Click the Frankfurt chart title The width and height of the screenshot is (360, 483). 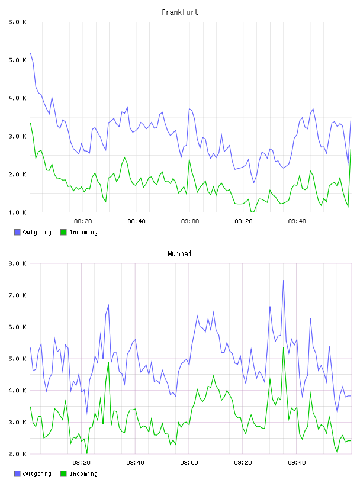[x=180, y=12]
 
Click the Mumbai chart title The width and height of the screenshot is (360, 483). [x=179, y=254]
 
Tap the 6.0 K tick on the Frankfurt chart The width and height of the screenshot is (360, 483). [x=17, y=22]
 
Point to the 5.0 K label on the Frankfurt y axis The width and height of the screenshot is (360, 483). [x=17, y=60]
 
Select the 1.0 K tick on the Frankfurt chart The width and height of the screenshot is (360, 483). [x=17, y=212]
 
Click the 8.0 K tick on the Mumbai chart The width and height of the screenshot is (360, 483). [x=17, y=263]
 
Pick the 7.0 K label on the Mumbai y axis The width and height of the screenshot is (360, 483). [x=17, y=295]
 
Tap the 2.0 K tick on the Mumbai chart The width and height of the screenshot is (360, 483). [x=17, y=454]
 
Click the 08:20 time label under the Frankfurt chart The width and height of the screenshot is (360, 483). [x=83, y=221]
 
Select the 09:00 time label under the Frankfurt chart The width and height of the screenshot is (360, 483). [x=190, y=221]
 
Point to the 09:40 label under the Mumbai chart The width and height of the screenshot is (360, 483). [x=297, y=463]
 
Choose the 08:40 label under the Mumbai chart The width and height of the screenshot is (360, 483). [x=135, y=463]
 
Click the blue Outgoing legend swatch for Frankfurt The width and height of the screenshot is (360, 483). [x=17, y=232]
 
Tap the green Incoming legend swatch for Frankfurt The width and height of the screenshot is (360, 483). [x=63, y=232]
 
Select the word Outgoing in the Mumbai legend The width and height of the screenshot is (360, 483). [x=37, y=474]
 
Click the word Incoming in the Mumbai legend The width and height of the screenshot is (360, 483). [x=83, y=474]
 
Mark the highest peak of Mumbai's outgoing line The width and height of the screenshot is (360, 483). [x=284, y=281]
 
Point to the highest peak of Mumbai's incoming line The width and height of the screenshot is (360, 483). [x=284, y=347]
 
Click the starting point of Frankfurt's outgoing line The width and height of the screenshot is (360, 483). [x=31, y=53]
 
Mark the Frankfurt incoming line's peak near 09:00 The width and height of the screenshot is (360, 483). [x=189, y=159]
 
